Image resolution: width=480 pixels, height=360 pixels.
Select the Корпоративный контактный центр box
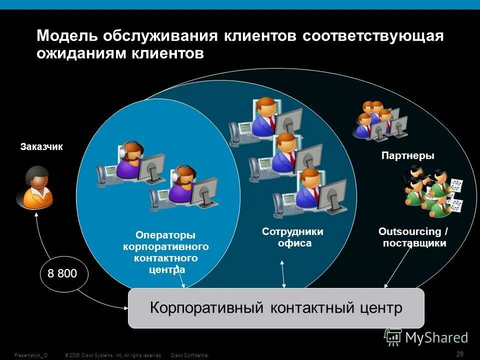click(x=276, y=308)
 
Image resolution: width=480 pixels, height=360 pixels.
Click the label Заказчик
click(x=41, y=147)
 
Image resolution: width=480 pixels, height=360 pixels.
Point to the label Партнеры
click(x=407, y=156)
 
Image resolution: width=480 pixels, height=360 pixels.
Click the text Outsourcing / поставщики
click(x=413, y=237)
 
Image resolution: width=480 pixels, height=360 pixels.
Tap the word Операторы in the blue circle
click(x=165, y=235)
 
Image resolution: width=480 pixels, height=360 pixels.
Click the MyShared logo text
click(x=436, y=337)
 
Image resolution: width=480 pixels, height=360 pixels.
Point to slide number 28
click(x=460, y=354)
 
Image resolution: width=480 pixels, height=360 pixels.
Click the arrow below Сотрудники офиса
click(x=283, y=274)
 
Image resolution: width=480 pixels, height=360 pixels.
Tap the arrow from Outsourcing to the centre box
click(x=397, y=267)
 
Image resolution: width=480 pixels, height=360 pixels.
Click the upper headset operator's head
click(x=131, y=150)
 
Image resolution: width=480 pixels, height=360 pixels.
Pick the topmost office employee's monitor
click(x=289, y=120)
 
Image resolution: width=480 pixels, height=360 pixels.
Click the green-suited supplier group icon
click(x=432, y=192)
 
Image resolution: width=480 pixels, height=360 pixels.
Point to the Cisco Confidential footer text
click(x=189, y=355)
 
